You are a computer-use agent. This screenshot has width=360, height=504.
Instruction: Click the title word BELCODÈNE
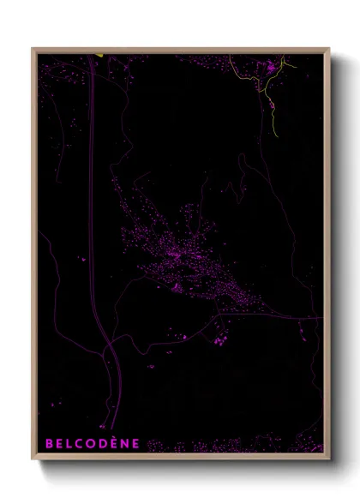point(92,443)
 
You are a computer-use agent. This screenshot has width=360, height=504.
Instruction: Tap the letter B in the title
point(49,443)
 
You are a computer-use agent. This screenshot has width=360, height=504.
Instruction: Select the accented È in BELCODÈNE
point(114,443)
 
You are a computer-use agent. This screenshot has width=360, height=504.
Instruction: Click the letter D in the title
point(103,443)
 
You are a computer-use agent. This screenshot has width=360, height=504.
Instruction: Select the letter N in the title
point(125,443)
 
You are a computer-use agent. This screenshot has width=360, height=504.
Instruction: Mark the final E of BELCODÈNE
point(135,443)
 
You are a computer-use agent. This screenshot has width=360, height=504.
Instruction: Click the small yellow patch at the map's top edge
point(99,56)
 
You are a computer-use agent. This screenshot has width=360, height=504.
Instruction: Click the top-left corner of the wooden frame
point(33,49)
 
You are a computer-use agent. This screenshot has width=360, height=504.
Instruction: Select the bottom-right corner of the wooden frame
point(329,459)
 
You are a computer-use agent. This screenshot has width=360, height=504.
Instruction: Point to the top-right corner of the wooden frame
point(329,49)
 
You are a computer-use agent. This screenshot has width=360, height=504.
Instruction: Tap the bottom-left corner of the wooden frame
point(33,459)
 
